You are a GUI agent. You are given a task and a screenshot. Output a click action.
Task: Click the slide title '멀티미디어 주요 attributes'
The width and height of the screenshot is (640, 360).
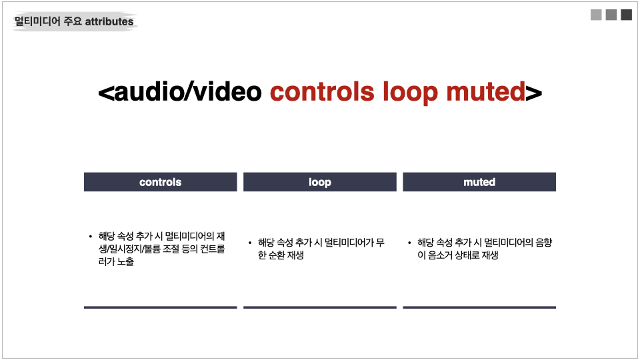tap(74, 21)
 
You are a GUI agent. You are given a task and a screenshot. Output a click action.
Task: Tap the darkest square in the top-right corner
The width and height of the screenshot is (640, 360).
tap(626, 15)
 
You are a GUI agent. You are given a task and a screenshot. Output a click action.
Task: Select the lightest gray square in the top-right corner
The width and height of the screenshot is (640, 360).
tap(596, 15)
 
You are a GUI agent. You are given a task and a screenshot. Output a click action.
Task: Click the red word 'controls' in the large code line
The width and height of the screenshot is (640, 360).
tap(322, 91)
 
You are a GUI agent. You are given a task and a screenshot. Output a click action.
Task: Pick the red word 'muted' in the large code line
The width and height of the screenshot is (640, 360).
tap(486, 91)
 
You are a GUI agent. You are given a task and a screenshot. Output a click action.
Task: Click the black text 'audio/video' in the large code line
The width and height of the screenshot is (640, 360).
tap(188, 91)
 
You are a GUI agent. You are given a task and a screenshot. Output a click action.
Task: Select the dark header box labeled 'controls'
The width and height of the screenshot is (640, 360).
tap(161, 181)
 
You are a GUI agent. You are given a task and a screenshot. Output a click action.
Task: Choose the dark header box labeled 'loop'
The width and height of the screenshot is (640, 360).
tap(320, 181)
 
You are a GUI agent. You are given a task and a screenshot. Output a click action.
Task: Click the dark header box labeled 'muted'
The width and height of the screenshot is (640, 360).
tap(479, 181)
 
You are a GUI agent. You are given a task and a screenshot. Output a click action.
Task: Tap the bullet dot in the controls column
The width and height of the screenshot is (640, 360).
tap(90, 236)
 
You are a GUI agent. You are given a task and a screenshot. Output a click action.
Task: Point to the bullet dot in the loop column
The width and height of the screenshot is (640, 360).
tap(250, 243)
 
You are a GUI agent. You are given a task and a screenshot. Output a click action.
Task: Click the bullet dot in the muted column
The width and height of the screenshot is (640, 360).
tap(409, 243)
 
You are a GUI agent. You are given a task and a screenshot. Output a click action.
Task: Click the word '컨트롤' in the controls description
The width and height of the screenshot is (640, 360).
tap(212, 249)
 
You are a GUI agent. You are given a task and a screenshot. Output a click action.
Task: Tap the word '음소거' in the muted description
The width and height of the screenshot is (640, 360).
tap(440, 255)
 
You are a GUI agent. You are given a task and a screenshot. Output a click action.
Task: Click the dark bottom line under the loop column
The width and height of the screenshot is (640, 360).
tap(320, 307)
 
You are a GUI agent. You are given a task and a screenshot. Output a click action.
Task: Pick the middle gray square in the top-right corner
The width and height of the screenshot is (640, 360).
tap(611, 15)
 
